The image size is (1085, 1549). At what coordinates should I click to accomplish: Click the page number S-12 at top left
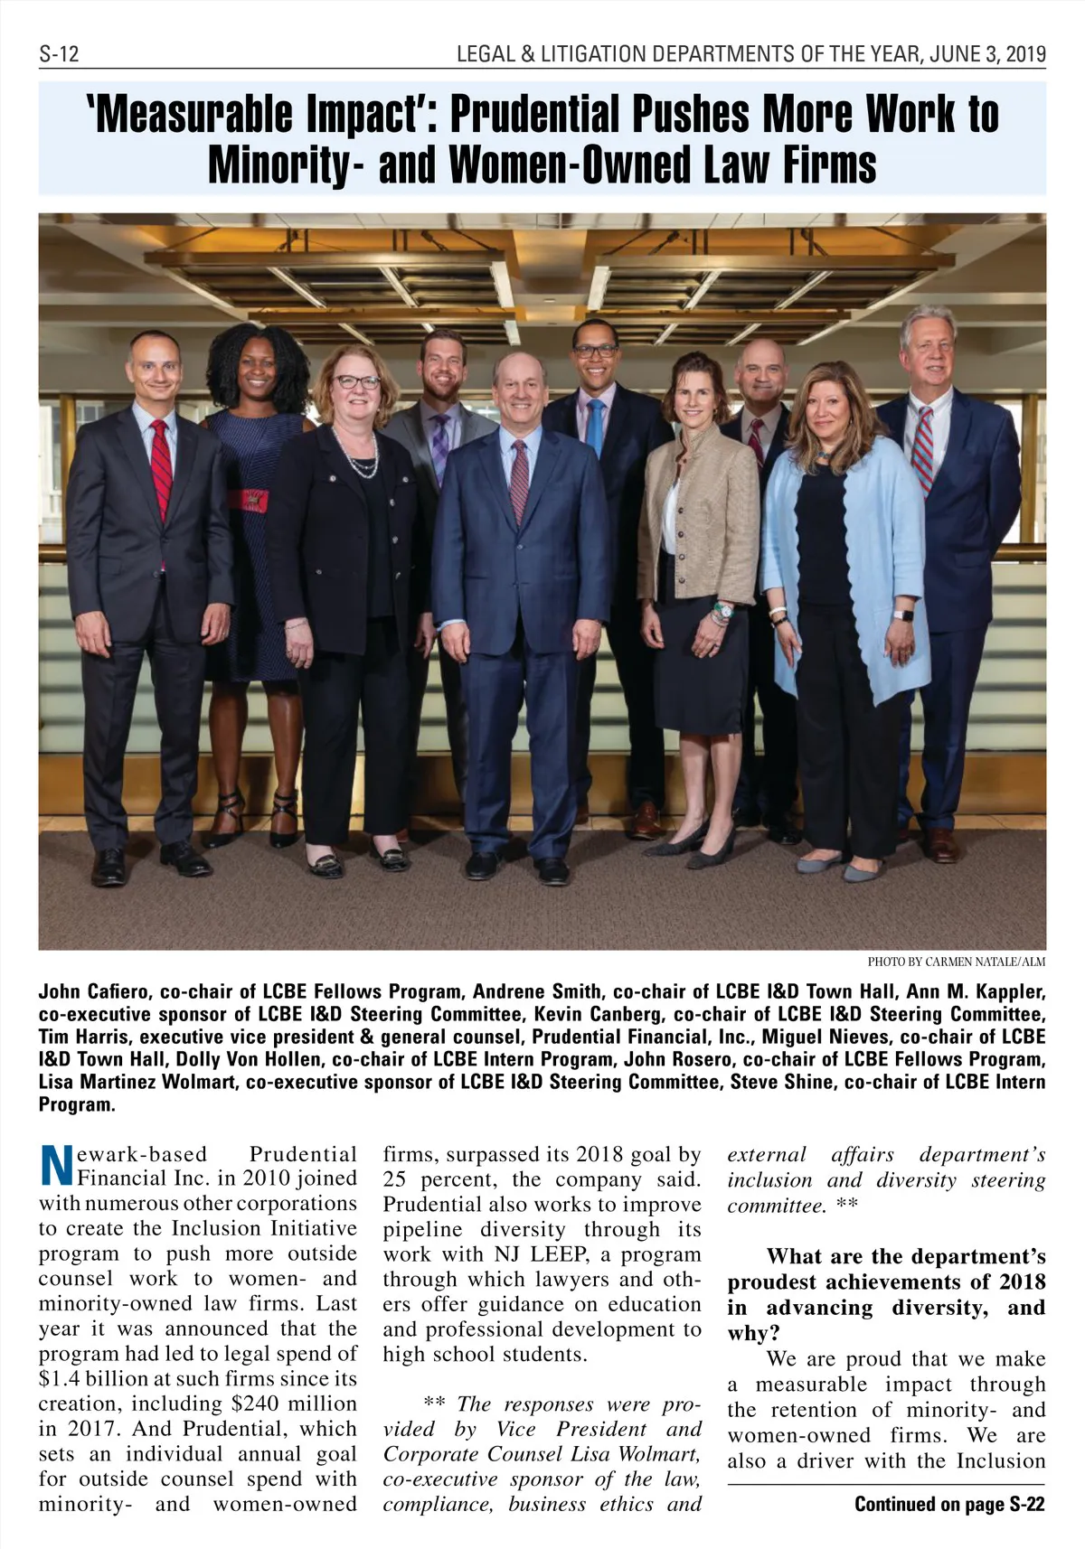click(x=59, y=54)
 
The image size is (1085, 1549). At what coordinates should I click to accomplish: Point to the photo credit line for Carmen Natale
click(x=956, y=962)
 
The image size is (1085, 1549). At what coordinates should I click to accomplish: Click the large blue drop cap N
click(x=56, y=1167)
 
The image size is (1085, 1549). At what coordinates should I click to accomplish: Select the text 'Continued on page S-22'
click(x=949, y=1504)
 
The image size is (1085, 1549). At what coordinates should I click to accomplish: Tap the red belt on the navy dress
click(x=247, y=500)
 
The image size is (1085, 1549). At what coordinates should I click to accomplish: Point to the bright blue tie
click(x=594, y=425)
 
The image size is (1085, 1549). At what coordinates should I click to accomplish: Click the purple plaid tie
click(x=439, y=447)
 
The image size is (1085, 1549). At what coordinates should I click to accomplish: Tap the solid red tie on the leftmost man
click(x=161, y=470)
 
